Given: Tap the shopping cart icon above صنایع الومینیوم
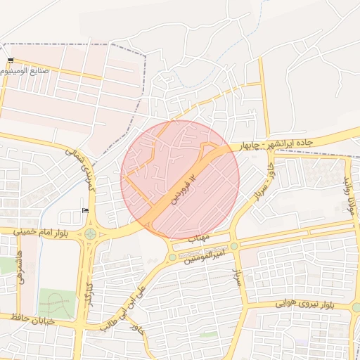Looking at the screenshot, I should click(x=11, y=61).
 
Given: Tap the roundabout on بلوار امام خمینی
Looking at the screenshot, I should click(x=90, y=234).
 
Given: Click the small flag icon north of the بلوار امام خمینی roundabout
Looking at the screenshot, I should click(x=85, y=210).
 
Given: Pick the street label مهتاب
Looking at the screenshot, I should click(x=199, y=238).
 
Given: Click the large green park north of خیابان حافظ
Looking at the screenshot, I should click(x=56, y=302).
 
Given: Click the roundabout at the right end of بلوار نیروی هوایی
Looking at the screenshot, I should click(x=356, y=307).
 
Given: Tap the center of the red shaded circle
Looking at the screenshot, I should click(x=180, y=179).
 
